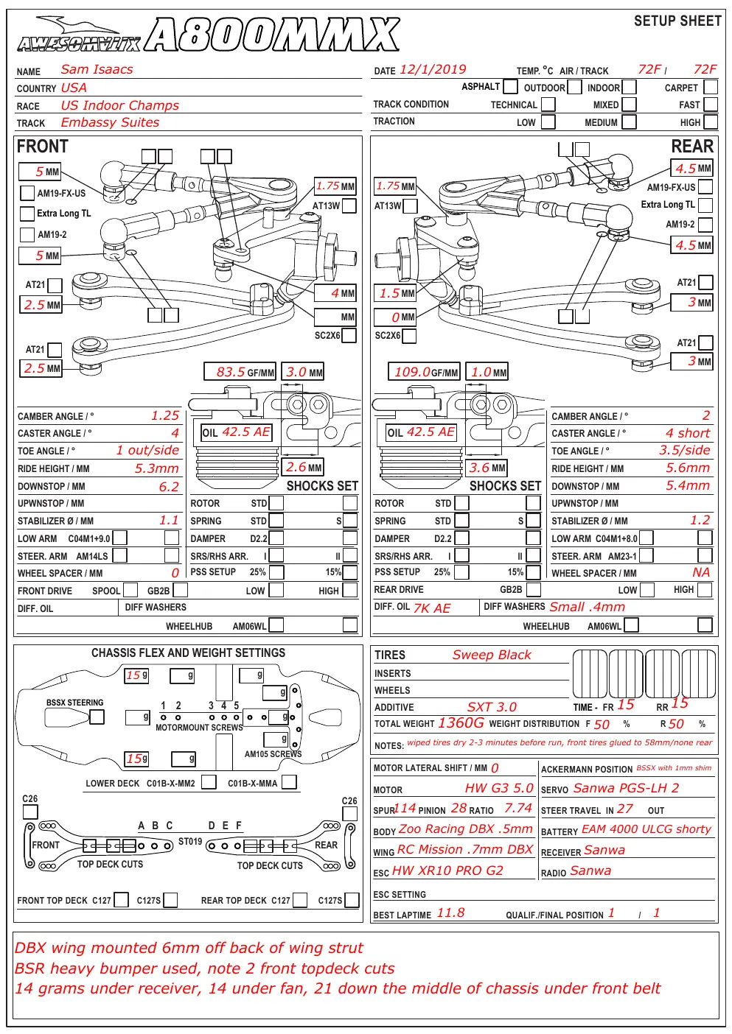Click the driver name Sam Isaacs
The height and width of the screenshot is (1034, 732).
point(97,69)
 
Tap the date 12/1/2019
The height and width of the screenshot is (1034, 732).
point(433,70)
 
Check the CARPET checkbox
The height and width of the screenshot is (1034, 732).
point(711,87)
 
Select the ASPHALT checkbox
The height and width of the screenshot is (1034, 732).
point(510,86)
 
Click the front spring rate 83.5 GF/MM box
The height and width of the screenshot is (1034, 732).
point(240,372)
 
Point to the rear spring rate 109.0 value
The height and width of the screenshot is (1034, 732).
point(412,372)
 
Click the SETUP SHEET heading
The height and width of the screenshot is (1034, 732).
point(677,21)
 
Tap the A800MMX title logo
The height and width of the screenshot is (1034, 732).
point(272,35)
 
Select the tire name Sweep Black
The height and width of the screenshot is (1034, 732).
point(492,655)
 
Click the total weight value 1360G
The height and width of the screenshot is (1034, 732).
point(461,723)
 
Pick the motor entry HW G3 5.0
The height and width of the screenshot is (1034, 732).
point(499,788)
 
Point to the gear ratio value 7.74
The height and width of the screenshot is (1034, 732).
point(518,809)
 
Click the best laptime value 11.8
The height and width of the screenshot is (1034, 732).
point(450,913)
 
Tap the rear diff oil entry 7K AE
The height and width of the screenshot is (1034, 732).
point(432,608)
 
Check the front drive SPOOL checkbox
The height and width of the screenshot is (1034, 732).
point(130,590)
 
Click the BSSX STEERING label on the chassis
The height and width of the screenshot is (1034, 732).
point(75,703)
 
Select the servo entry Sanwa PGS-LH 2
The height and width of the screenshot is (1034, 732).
point(626,788)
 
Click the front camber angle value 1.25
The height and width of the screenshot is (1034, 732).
point(165,415)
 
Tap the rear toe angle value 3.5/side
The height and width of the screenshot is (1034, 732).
point(684,450)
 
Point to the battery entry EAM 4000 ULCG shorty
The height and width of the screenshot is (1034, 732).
point(646,829)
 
